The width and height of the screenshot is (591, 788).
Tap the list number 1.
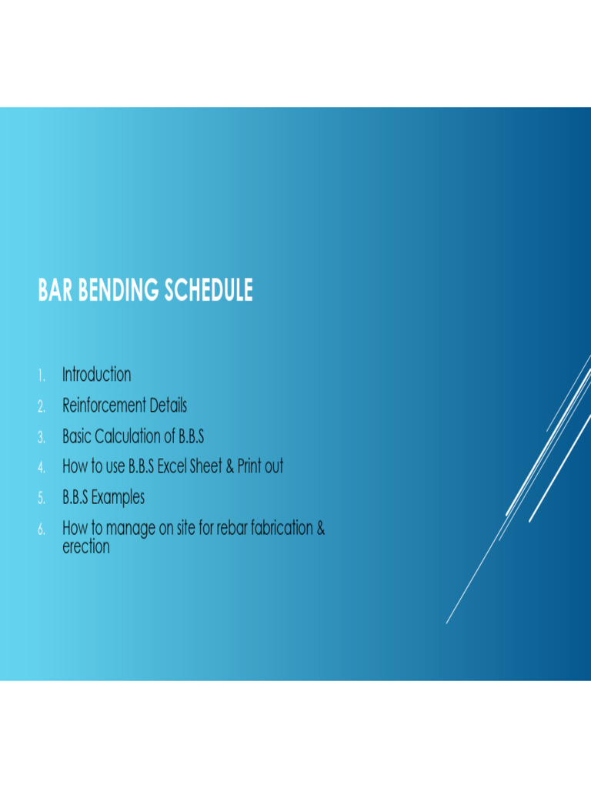(41, 376)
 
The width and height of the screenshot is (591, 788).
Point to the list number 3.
(42, 437)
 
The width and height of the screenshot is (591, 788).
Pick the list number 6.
(42, 529)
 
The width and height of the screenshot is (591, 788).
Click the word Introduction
(96, 375)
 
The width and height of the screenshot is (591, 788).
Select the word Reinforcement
(104, 406)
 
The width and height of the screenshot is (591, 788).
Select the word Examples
(118, 498)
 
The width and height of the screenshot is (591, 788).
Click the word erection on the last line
(85, 547)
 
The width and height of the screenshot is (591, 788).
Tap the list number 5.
(42, 499)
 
